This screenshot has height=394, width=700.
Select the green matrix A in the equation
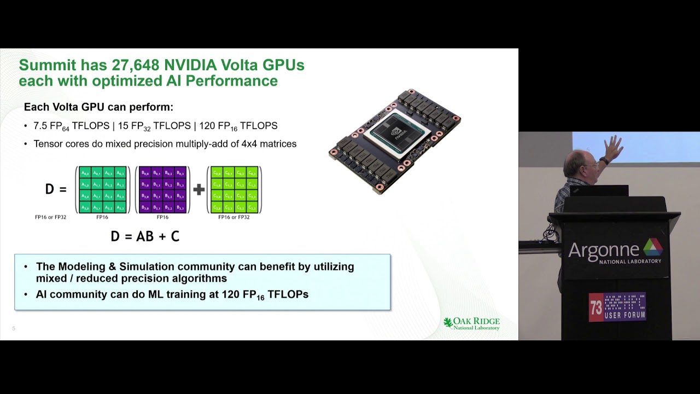102,190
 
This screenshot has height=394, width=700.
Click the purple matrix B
162,190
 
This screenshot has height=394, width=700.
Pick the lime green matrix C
234,190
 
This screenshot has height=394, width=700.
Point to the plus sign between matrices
199,189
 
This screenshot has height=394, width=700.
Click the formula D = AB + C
145,236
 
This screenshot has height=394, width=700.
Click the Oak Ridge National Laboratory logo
471,323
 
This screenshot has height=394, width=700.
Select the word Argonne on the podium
603,250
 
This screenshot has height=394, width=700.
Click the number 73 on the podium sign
596,308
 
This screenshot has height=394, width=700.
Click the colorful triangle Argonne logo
652,247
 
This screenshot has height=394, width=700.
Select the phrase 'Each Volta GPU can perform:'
98,107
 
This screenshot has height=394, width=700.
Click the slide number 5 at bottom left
14,328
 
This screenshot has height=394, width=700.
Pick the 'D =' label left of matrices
55,189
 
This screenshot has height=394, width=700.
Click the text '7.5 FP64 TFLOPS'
72,126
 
